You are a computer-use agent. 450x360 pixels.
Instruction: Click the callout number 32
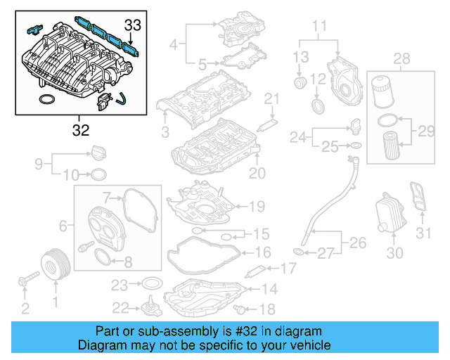(81, 129)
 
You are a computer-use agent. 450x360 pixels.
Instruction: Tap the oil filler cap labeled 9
(96, 153)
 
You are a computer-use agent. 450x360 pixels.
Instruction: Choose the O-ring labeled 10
(99, 174)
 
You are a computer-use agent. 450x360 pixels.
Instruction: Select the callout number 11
(320, 27)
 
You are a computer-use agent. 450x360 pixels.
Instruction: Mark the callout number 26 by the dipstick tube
(359, 244)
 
